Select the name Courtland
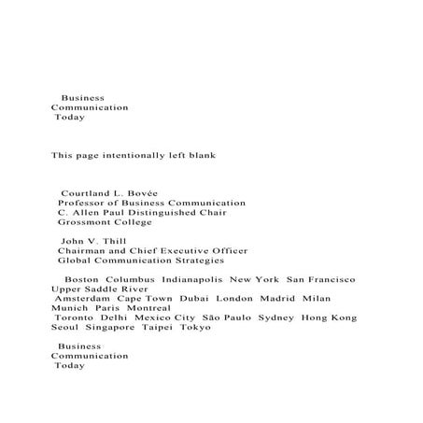point(90,192)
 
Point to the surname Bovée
point(140,192)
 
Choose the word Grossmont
point(84,223)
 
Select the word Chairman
point(82,251)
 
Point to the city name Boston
point(81,279)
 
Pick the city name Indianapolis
point(192,279)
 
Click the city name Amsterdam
point(82,298)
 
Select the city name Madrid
point(267,298)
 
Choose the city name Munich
point(69,307)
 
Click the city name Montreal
point(148,307)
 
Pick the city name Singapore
point(110,328)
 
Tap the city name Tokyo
point(195,328)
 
